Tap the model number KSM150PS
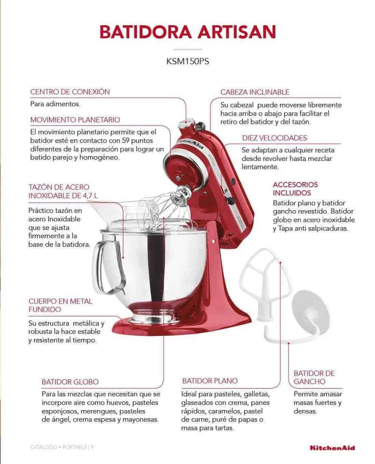[187, 61]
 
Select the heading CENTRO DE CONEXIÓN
[70, 92]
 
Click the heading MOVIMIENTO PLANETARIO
[75, 120]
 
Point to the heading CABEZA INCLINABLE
[255, 92]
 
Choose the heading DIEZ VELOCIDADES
[275, 138]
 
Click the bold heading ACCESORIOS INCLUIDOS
[295, 189]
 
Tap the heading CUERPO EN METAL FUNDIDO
[60, 305]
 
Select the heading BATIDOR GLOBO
[70, 382]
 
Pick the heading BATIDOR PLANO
[210, 381]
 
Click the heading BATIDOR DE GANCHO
[314, 378]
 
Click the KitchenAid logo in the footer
[332, 448]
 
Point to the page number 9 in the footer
[92, 448]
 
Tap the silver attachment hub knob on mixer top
[188, 123]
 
